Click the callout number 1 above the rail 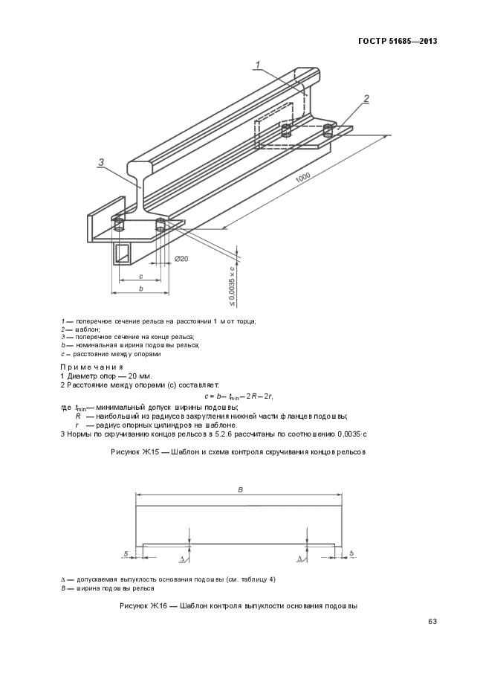coord(257,65)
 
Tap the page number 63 coord(431,621)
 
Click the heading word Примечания coord(92,367)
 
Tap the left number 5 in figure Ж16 coord(127,553)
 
